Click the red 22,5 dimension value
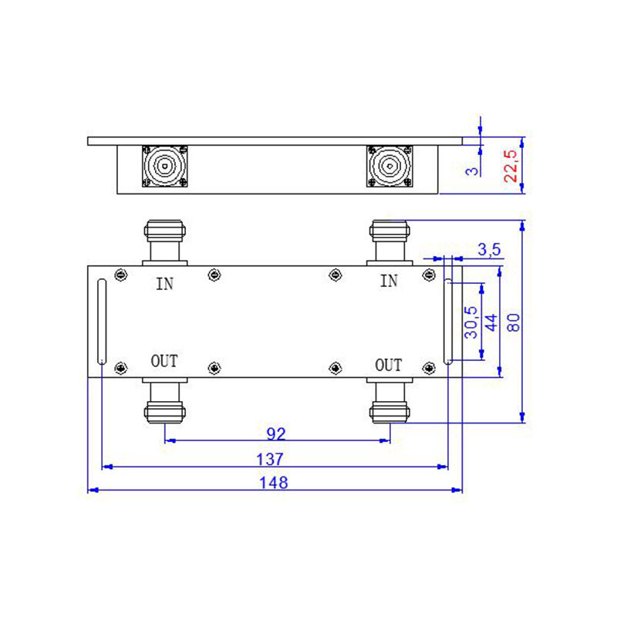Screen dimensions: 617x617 (x=511, y=166)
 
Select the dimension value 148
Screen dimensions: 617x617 (x=274, y=483)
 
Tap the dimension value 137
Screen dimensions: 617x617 (x=270, y=459)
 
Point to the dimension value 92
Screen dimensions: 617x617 (x=276, y=433)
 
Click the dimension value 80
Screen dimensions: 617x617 (x=514, y=322)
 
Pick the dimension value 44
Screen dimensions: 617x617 (x=491, y=322)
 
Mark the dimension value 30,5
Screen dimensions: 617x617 (x=470, y=322)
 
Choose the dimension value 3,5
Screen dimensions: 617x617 (x=489, y=249)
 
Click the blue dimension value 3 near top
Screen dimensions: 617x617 (x=472, y=171)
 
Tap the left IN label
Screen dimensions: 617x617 (x=164, y=284)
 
